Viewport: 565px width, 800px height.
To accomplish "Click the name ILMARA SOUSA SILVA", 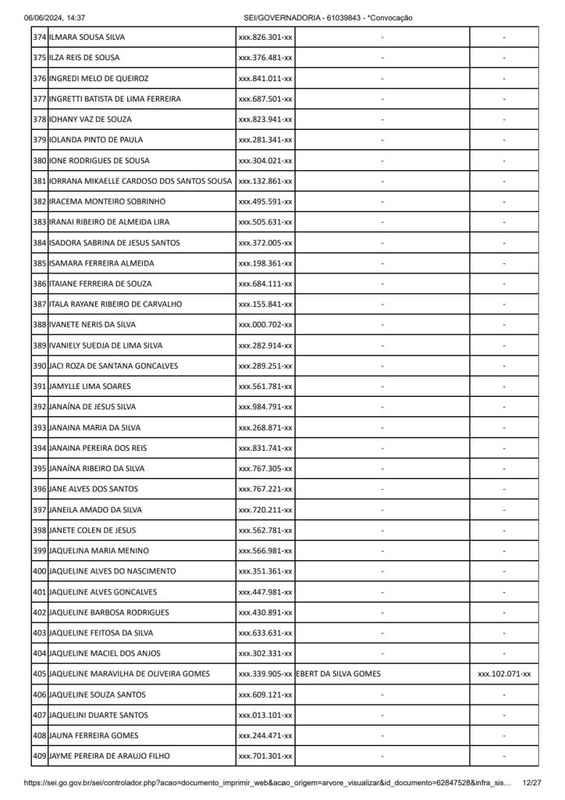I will point(87,37).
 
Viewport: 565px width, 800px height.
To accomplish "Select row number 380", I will point(39,160).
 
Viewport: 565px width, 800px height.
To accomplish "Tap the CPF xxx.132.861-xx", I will point(265,181).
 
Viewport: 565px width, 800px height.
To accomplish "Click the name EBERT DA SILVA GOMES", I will point(338,673).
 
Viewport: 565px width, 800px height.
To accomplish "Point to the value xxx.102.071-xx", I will point(504,673).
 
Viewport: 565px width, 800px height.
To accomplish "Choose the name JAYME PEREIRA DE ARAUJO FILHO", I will point(109,755).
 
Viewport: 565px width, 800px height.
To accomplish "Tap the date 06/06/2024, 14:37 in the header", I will point(55,17).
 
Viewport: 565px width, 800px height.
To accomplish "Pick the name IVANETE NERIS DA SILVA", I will point(92,324).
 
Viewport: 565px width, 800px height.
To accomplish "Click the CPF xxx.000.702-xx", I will point(265,324).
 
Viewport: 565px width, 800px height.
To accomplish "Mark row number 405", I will point(39,673).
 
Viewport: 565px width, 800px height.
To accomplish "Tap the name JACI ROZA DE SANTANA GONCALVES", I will point(113,366).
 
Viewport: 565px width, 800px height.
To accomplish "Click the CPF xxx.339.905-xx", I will point(265,673).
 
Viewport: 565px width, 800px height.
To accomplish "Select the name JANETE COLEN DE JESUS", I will point(91,530).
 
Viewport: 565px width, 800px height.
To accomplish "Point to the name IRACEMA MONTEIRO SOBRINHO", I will point(101,202).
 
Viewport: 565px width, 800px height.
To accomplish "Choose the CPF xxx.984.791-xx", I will point(265,406).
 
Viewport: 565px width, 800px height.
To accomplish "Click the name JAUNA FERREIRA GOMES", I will point(89,735).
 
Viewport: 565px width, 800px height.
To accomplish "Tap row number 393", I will point(39,427).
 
